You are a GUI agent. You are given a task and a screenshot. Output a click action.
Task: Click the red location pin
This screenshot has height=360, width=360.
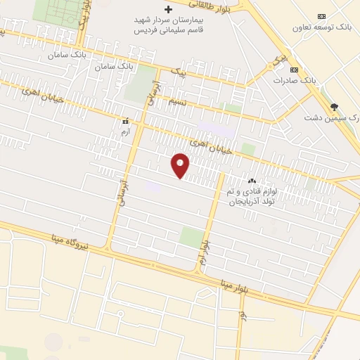click(x=181, y=165)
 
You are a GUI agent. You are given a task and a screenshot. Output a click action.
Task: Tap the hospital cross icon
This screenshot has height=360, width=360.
click(x=168, y=10)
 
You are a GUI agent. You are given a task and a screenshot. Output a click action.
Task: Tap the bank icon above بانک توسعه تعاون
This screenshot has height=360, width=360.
click(x=321, y=15)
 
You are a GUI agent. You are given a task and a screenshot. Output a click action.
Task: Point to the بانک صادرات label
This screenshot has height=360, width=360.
click(x=294, y=81)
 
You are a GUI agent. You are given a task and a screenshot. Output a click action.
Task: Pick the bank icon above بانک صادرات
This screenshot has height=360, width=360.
click(x=293, y=70)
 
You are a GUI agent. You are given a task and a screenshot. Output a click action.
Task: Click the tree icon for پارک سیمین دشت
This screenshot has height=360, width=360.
click(x=333, y=106)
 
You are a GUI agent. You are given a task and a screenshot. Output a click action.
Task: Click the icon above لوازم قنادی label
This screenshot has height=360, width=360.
click(x=252, y=181)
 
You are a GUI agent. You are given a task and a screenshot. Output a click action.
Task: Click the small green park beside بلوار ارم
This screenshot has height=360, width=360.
click(x=191, y=236)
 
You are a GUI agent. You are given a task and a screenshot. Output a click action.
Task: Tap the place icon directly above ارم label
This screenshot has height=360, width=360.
click(x=125, y=120)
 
